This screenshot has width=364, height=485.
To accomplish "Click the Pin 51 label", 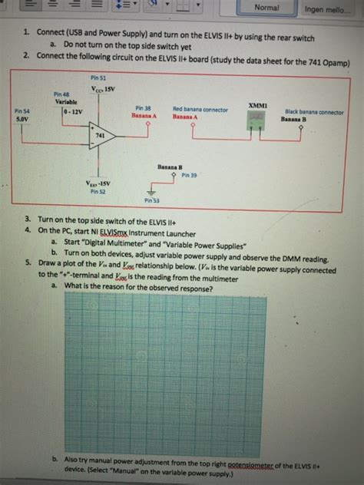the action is point(98,78).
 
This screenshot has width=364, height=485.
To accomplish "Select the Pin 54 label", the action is point(22,112).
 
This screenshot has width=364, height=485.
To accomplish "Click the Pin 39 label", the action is point(190,175).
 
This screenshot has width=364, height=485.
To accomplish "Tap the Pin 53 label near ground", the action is point(151,200).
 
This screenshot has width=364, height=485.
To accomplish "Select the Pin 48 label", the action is point(61,94).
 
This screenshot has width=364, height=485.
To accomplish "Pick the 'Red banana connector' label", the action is point(200,110).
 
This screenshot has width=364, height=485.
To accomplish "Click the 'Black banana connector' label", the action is point(314,111).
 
